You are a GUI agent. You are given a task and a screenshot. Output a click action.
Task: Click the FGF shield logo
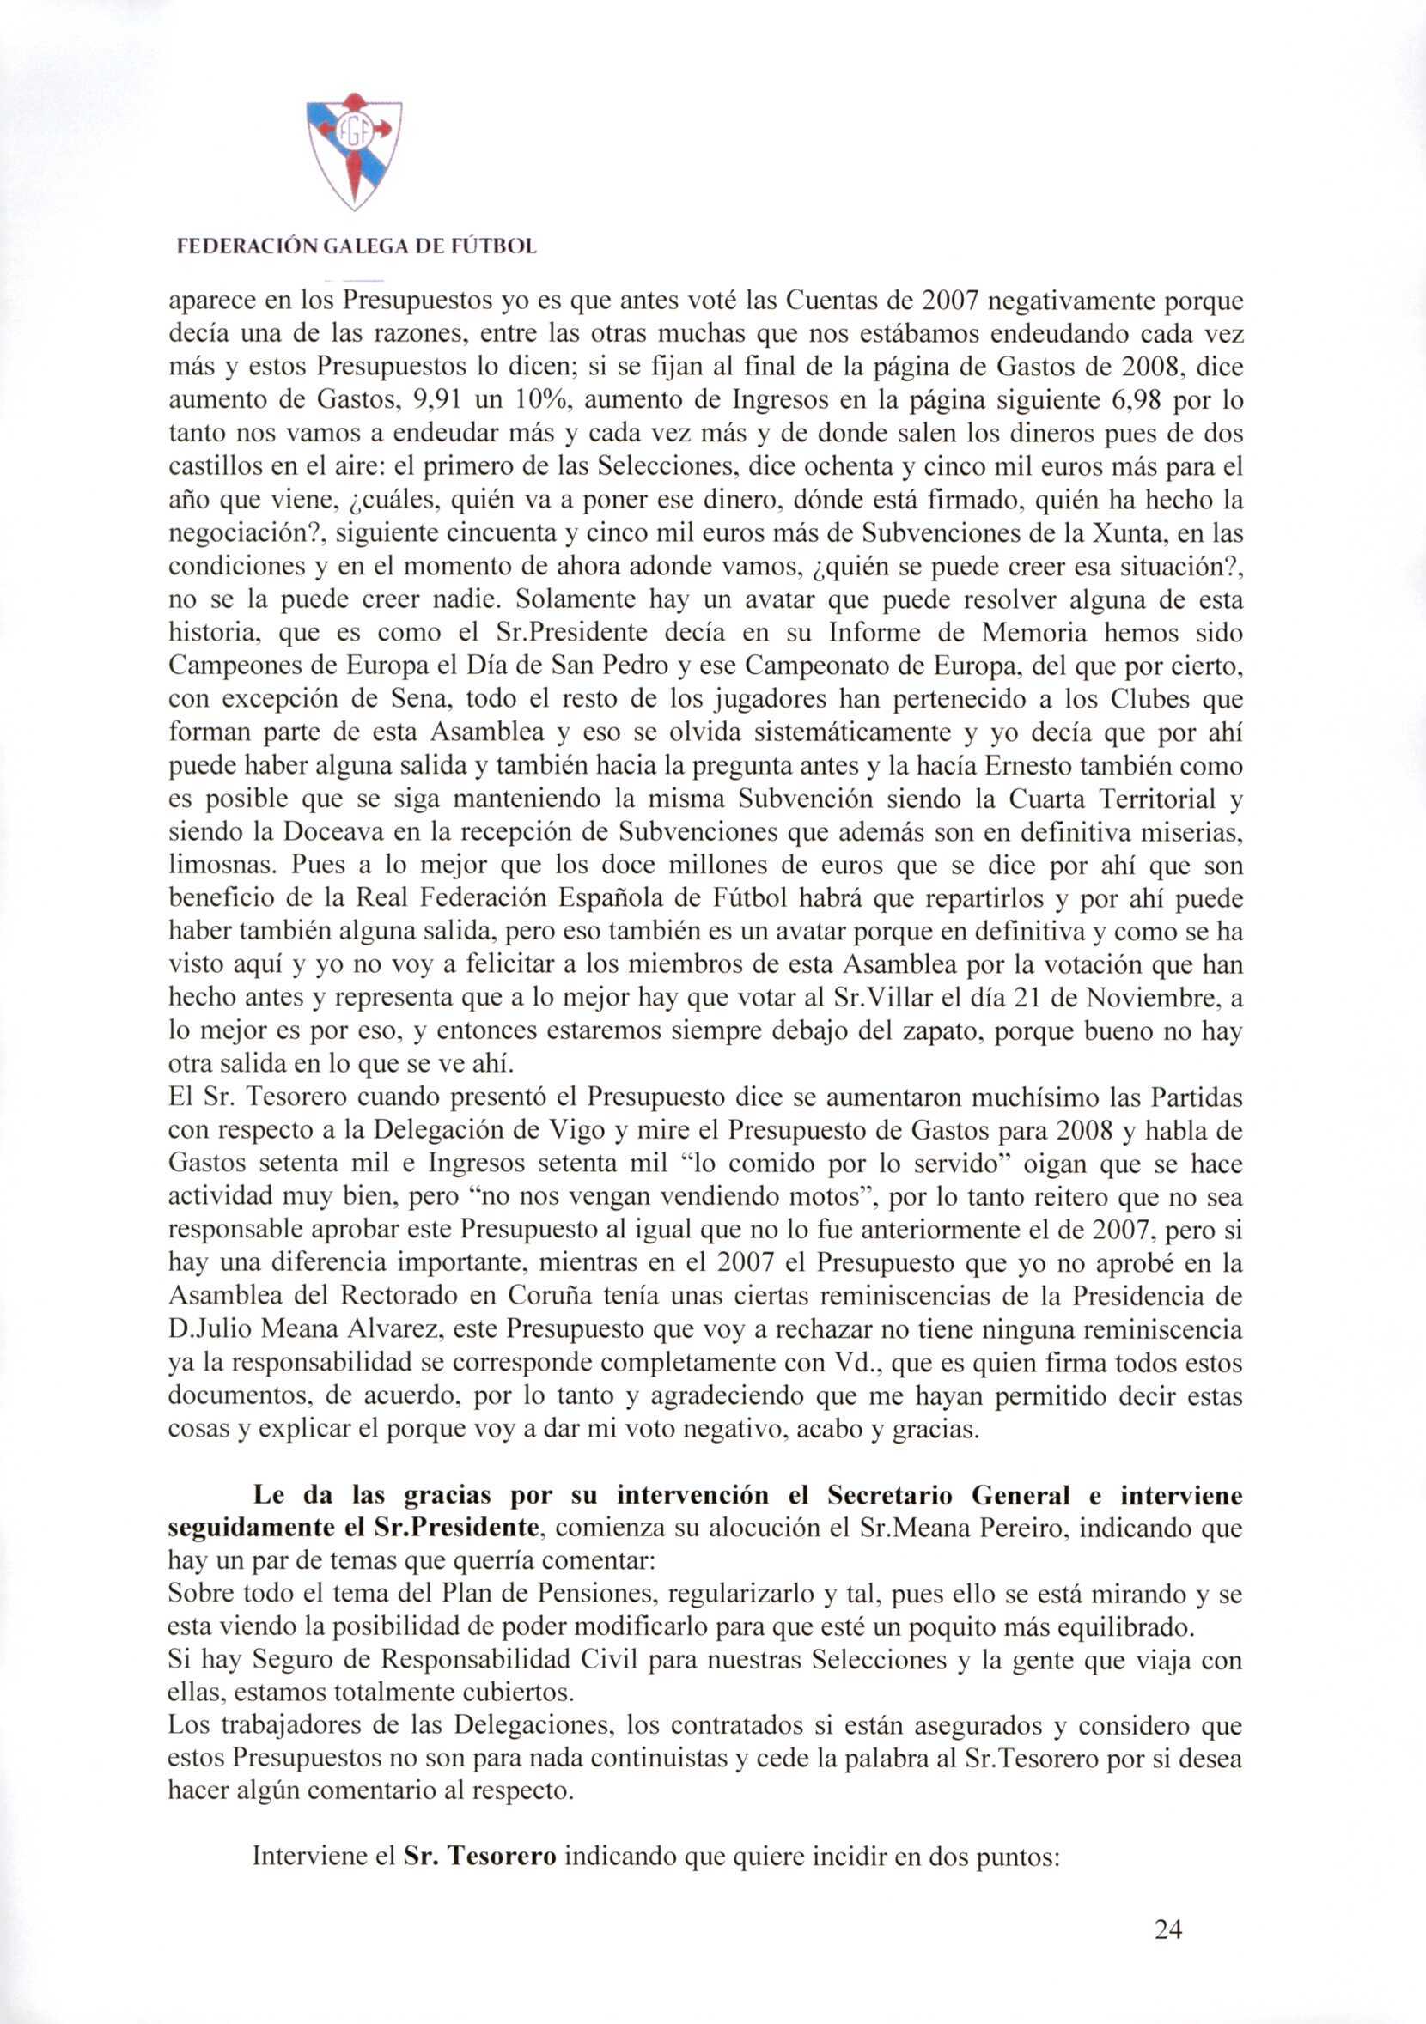354,152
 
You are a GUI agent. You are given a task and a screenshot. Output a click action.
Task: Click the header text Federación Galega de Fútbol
356,247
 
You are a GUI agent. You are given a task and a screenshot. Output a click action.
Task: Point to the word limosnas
219,866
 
